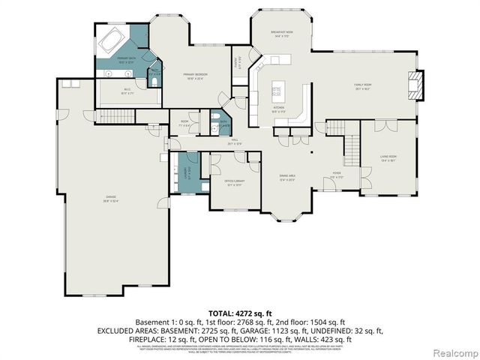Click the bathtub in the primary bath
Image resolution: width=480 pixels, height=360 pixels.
113,38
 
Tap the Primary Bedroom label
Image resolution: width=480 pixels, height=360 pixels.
196,75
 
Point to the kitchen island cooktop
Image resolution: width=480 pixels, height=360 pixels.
276,91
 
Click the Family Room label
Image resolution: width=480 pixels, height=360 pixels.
365,85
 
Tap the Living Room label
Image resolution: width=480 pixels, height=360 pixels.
388,158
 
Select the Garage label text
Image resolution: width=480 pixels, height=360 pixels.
110,198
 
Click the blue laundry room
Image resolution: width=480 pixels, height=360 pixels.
183,172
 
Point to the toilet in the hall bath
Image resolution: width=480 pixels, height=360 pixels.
214,127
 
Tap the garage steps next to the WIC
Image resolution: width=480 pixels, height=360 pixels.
113,117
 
